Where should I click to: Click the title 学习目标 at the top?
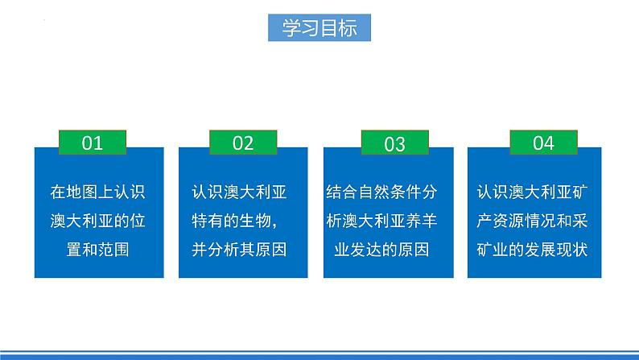coord(319,27)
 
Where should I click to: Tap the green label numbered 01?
coord(93,143)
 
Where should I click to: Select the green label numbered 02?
coord(242,143)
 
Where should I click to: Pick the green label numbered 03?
coord(394,143)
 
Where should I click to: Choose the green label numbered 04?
coord(543,143)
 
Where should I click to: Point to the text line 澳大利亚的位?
coord(101,221)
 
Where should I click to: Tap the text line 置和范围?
coord(101,249)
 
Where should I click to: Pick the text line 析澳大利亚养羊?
coord(388,221)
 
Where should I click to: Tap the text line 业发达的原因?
coord(388,249)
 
